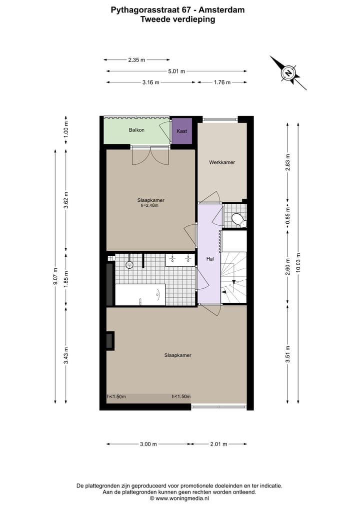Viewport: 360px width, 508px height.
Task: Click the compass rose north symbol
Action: pos(288,73)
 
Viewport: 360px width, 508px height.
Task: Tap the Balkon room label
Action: pos(136,130)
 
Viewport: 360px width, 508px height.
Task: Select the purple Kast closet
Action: pos(182,131)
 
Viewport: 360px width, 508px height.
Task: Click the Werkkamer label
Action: pos(222,162)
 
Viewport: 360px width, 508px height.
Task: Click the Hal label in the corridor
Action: pos(210,259)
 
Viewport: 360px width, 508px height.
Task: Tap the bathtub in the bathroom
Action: pos(140,294)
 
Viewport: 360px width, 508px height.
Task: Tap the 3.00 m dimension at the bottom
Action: pos(148,444)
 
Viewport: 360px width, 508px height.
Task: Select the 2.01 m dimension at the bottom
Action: pos(218,444)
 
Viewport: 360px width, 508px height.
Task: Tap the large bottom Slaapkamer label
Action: pos(178,355)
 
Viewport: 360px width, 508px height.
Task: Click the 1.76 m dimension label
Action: pos(222,82)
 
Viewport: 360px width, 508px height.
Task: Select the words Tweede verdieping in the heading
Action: pos(178,19)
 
